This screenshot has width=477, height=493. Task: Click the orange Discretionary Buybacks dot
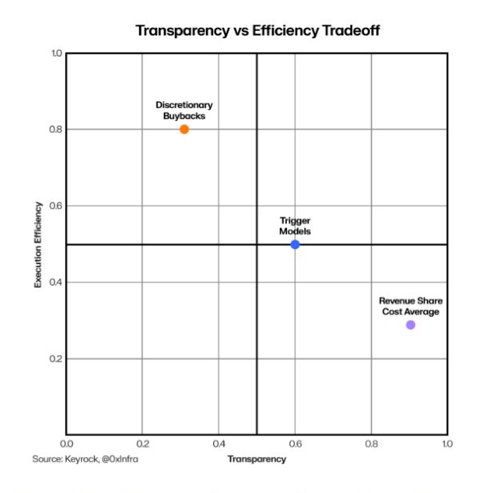point(184,130)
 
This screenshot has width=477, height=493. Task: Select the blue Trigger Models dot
point(295,244)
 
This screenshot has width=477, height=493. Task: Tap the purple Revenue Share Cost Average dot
point(411,324)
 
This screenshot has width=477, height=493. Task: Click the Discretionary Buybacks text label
point(184,111)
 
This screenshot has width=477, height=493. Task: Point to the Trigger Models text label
point(295,226)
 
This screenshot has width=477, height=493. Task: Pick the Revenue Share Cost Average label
point(411,306)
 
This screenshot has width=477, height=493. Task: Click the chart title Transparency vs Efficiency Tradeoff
point(258,31)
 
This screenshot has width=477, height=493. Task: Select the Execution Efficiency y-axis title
point(37,245)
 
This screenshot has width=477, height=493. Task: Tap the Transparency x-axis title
point(257,459)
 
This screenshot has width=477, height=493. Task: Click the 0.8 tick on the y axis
point(56,130)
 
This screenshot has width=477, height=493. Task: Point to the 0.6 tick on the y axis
point(56,206)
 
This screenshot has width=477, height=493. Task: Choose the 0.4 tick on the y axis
point(56,282)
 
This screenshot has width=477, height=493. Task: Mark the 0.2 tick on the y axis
point(56,359)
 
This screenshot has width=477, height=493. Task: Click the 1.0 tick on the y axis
point(56,53)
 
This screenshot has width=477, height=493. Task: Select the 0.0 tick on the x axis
point(66,444)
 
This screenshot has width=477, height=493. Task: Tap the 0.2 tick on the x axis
point(143,444)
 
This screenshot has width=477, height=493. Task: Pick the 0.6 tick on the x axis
point(295,444)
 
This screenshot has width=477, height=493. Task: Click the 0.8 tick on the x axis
point(371,444)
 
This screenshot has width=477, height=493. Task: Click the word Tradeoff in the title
point(351,31)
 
